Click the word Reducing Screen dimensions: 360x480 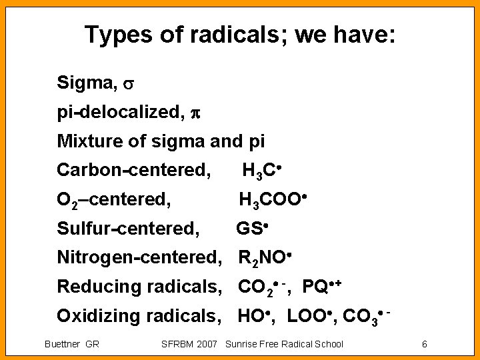coord(97,287)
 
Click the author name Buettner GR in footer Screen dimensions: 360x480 coord(71,344)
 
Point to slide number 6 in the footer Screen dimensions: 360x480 coord(424,344)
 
